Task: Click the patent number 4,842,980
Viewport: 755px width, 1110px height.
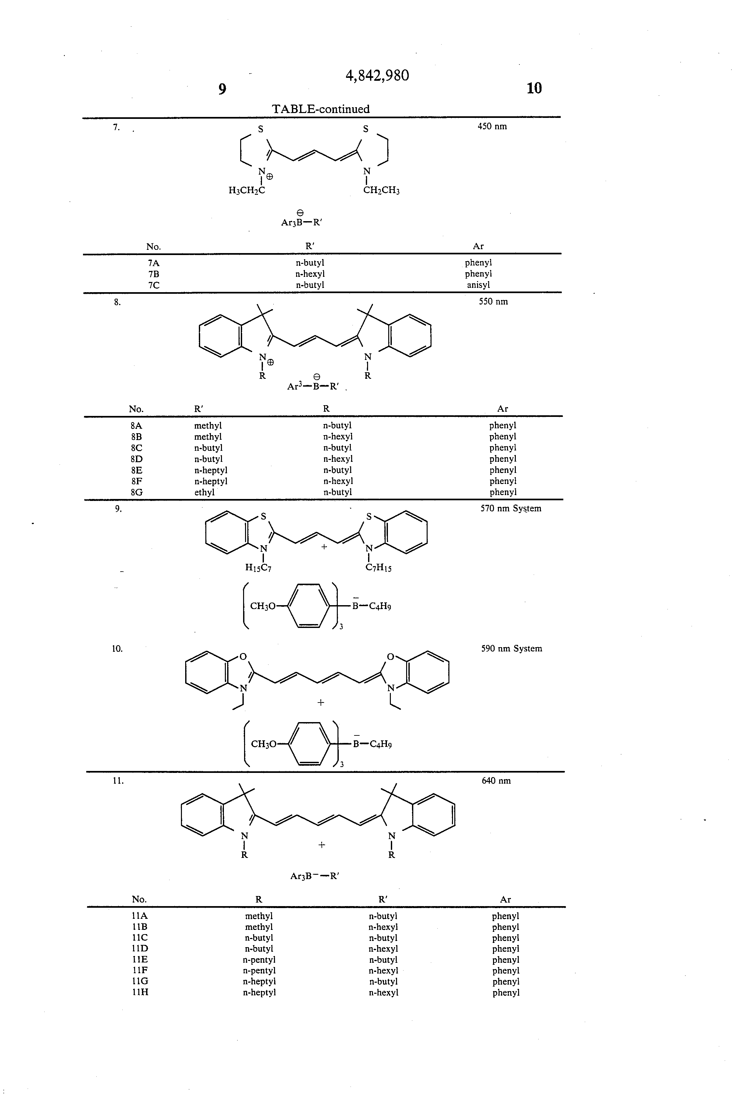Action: (377, 76)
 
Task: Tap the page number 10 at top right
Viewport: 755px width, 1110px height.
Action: (534, 88)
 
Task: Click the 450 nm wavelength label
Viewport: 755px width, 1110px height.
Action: (492, 127)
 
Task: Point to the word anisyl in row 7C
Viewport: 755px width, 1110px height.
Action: (478, 285)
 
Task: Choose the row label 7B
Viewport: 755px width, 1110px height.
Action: (154, 274)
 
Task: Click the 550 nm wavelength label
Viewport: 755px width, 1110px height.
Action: (493, 302)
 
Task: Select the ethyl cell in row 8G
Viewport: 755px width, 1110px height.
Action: (204, 492)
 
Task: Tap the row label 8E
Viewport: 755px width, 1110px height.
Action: (136, 470)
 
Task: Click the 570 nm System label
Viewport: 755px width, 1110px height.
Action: (511, 509)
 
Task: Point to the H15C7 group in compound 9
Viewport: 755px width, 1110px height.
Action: (258, 567)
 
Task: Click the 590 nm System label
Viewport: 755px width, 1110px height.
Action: (512, 648)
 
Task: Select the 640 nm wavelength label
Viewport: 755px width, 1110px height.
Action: (496, 781)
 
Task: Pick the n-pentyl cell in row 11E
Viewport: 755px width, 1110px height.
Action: (259, 960)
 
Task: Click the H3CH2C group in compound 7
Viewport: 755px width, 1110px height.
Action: (247, 191)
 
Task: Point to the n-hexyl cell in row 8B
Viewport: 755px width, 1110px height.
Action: (338, 436)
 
